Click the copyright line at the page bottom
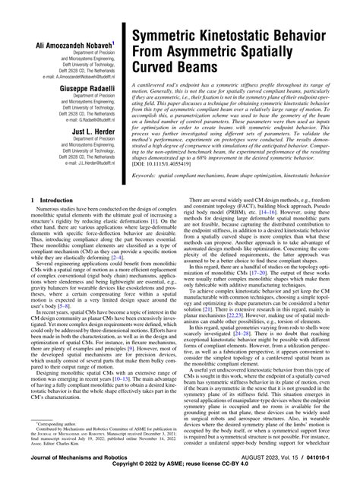pos(180,472)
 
